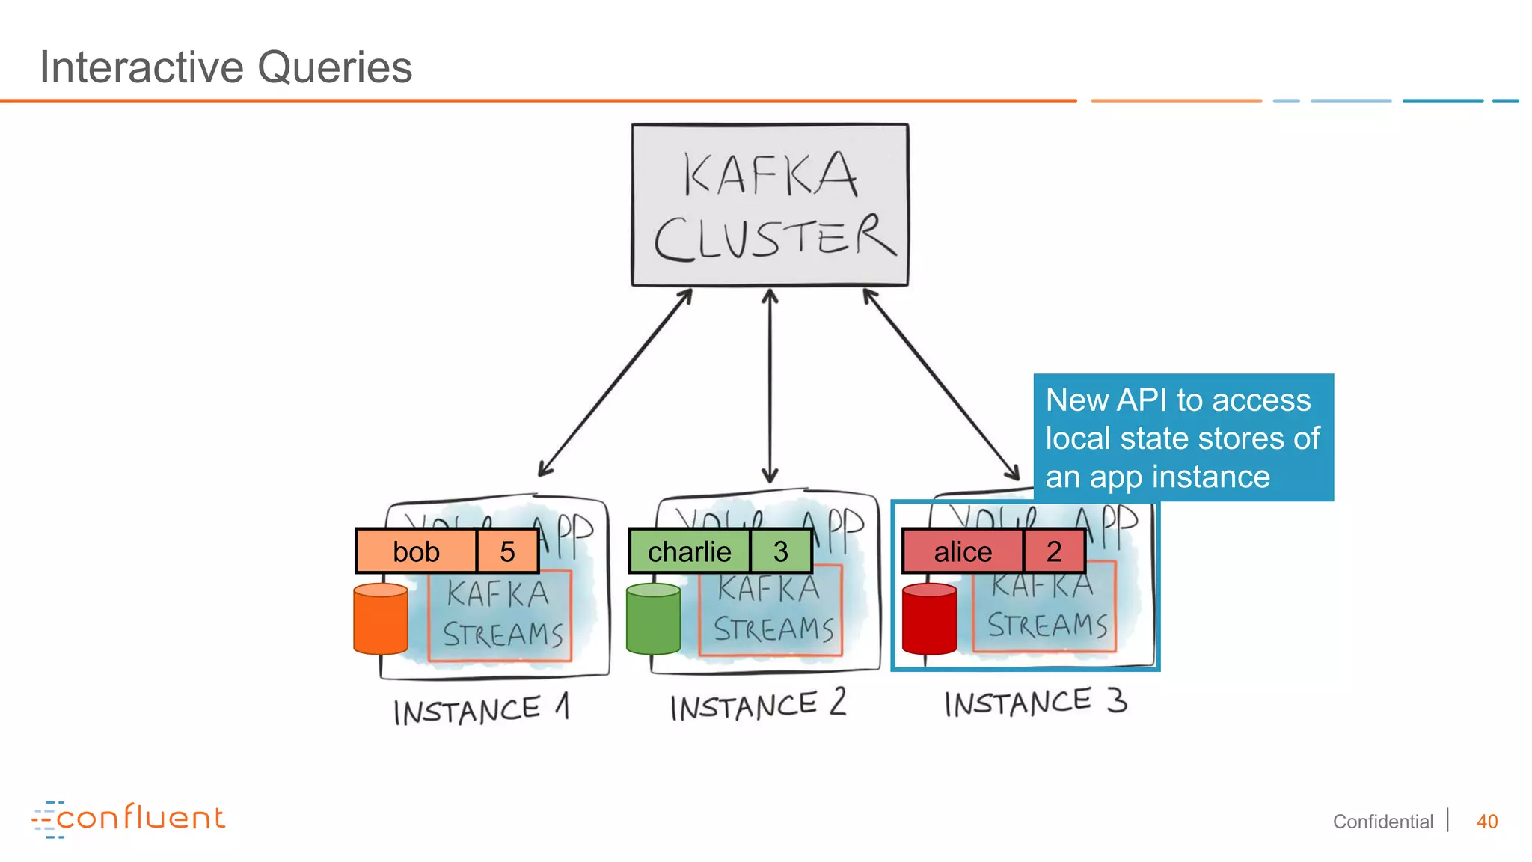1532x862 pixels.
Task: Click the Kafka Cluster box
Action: (770, 204)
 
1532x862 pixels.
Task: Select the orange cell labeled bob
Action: (416, 551)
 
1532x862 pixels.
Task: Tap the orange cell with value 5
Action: (507, 551)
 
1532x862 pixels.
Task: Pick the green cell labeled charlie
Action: (689, 551)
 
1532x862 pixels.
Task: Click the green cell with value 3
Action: (780, 551)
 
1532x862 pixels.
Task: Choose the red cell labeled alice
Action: (963, 551)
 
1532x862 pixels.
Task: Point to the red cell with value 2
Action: (1053, 551)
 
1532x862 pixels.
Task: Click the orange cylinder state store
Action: (381, 620)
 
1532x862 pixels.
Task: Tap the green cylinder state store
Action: (653, 620)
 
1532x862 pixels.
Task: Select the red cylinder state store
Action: (929, 620)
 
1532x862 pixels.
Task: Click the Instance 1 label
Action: (481, 709)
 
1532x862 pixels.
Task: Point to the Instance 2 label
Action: (757, 706)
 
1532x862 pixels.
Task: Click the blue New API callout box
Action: (1183, 438)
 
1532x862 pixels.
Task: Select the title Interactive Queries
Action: (225, 67)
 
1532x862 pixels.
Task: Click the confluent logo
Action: (129, 819)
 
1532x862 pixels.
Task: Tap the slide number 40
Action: (1486, 822)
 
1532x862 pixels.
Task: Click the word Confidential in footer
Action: (1382, 822)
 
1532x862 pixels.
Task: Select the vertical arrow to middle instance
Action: (770, 386)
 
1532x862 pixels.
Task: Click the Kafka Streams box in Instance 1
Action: (500, 615)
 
